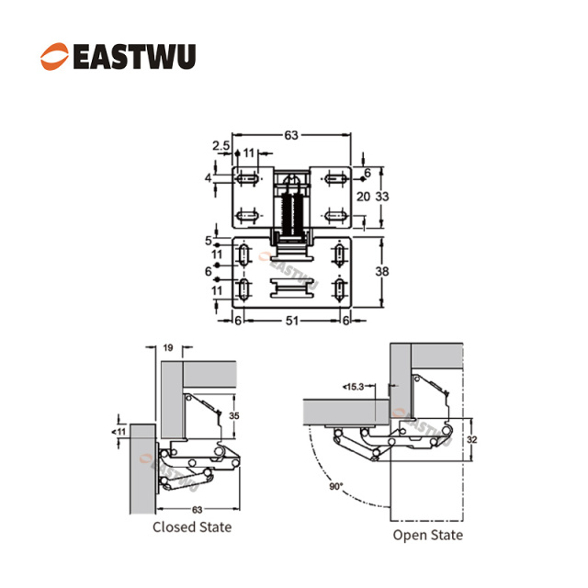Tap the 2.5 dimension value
click(x=220, y=145)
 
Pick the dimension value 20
click(x=363, y=197)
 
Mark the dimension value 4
click(x=209, y=177)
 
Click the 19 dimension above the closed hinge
click(x=167, y=348)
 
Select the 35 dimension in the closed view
click(x=234, y=415)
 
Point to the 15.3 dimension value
click(x=356, y=386)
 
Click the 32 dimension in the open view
click(x=471, y=440)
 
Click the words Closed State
click(x=192, y=526)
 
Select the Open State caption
click(x=428, y=535)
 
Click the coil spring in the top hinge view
click(x=293, y=211)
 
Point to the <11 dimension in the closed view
click(x=120, y=430)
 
